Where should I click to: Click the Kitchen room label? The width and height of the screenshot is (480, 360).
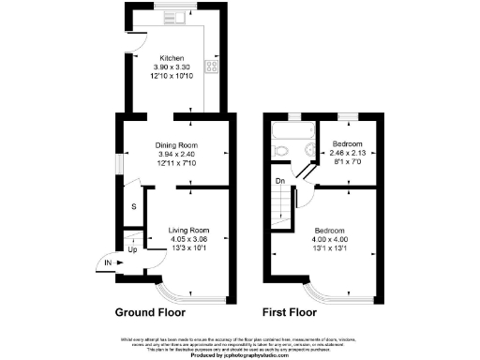(172, 58)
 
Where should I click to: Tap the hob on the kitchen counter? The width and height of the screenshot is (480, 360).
(212, 67)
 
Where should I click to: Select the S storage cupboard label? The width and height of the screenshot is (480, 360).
(133, 205)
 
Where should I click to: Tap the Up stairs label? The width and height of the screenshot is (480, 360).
(132, 249)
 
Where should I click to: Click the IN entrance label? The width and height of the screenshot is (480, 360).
(110, 263)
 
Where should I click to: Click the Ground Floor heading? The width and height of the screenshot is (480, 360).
(150, 312)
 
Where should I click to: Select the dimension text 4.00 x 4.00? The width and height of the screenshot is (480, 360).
(329, 240)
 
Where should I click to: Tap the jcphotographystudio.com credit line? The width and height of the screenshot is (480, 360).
(240, 355)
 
